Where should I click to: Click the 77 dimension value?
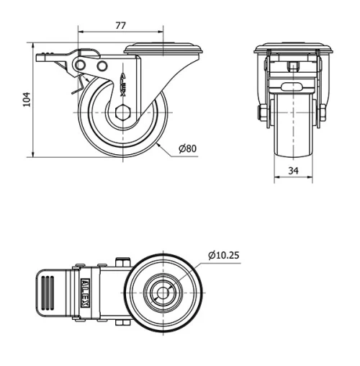120,25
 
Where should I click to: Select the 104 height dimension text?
27,99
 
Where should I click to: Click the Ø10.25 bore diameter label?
225,255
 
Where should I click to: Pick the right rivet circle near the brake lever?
102,67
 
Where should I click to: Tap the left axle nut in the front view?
261,113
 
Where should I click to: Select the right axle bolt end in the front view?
322,113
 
